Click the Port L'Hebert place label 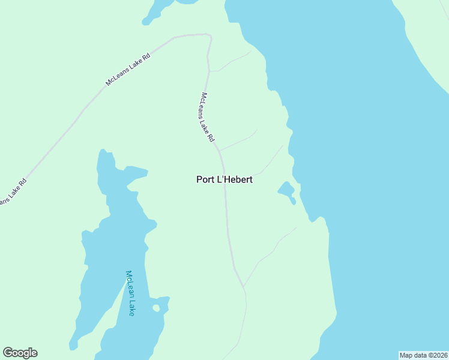coord(224,179)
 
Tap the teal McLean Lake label coord(130,293)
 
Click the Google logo coord(20,353)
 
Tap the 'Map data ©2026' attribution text coord(423,355)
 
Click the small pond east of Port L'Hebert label coord(286,190)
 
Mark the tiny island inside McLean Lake coord(157,308)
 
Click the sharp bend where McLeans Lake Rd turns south coord(209,36)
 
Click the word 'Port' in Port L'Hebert coord(205,179)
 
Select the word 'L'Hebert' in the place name coord(235,179)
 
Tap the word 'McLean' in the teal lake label coord(128,284)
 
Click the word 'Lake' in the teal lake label coord(131,307)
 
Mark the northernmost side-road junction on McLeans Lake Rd coord(209,71)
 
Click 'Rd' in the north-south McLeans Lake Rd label coord(211,137)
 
